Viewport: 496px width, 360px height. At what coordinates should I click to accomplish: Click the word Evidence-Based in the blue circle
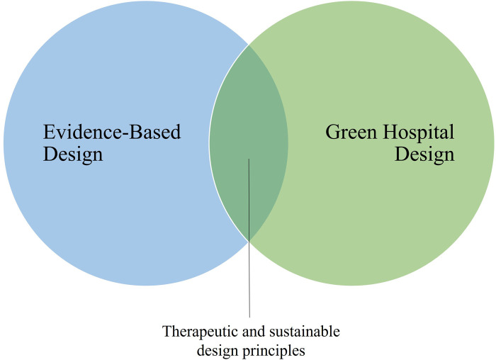tap(112, 132)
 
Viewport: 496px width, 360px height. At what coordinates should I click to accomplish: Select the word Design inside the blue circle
tap(73, 154)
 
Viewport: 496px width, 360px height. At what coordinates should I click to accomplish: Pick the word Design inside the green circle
tap(424, 154)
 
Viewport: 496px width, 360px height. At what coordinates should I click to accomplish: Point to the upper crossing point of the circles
tap(249, 45)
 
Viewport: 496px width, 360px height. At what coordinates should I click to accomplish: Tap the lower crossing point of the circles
tap(249, 242)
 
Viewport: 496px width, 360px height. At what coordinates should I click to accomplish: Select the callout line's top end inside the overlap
tap(249, 159)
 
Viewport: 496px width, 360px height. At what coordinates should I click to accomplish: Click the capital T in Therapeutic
tap(167, 331)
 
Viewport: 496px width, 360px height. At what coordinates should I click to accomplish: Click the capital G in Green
tap(332, 132)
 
